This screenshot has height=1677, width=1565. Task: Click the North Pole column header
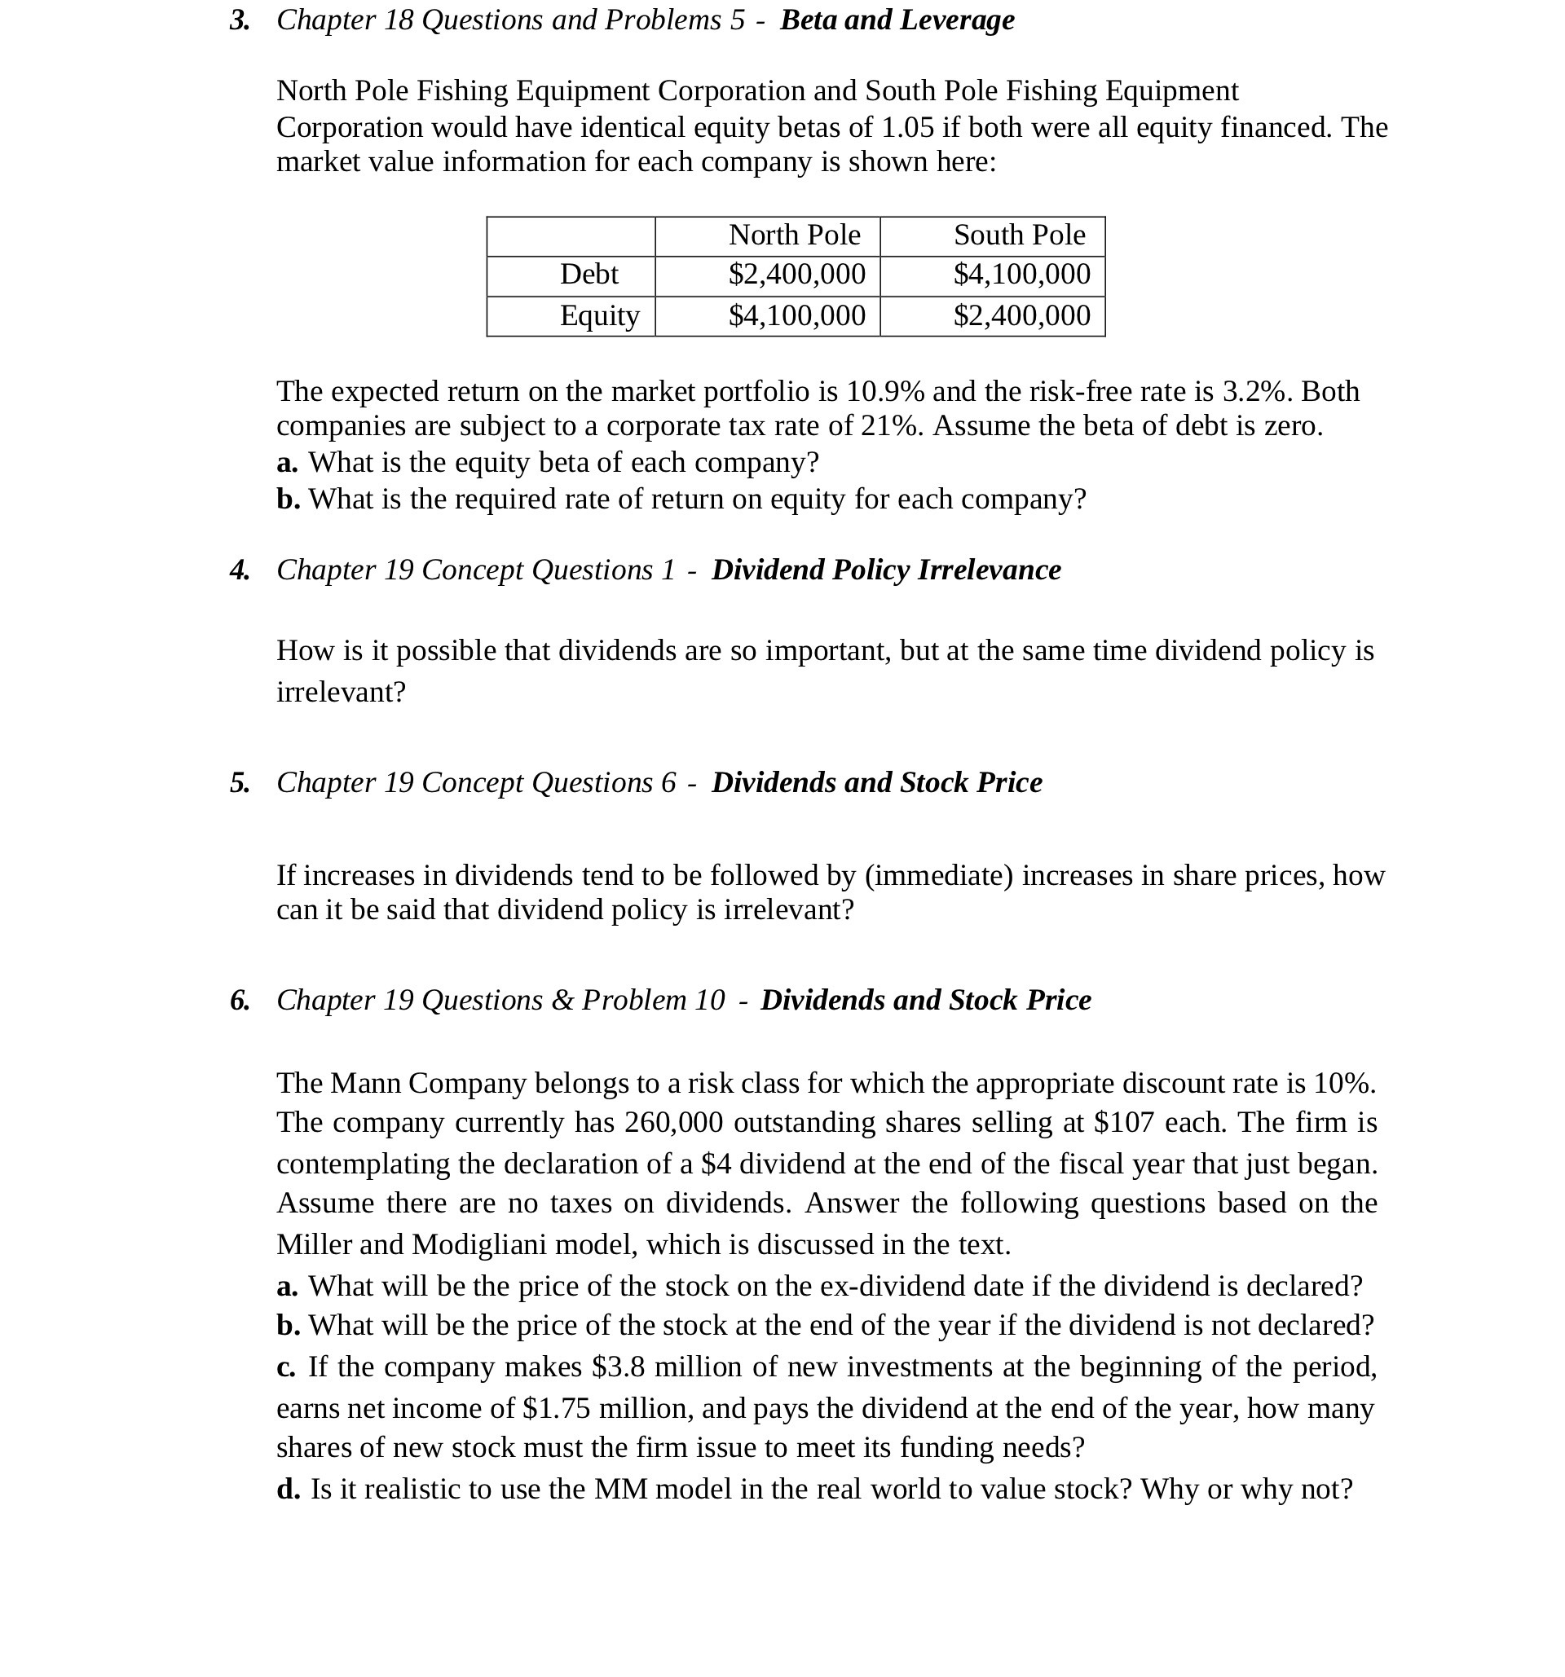coord(794,235)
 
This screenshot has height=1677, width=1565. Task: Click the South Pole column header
coord(1019,235)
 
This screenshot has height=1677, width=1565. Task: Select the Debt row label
coord(589,274)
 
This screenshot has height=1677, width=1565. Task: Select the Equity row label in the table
coord(599,315)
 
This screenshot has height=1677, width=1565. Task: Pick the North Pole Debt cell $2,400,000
coord(796,274)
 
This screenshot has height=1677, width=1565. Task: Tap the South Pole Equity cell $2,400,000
coord(1021,315)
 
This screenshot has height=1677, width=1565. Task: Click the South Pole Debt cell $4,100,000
coord(1021,274)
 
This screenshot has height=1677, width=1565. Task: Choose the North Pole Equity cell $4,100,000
coord(796,315)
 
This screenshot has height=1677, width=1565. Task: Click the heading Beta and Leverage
coord(897,20)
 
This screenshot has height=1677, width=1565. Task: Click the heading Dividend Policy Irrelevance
coord(886,570)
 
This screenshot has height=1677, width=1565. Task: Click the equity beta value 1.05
coord(908,127)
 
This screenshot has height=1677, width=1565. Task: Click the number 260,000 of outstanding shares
coord(673,1123)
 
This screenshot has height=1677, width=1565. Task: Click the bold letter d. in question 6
coord(288,1489)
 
